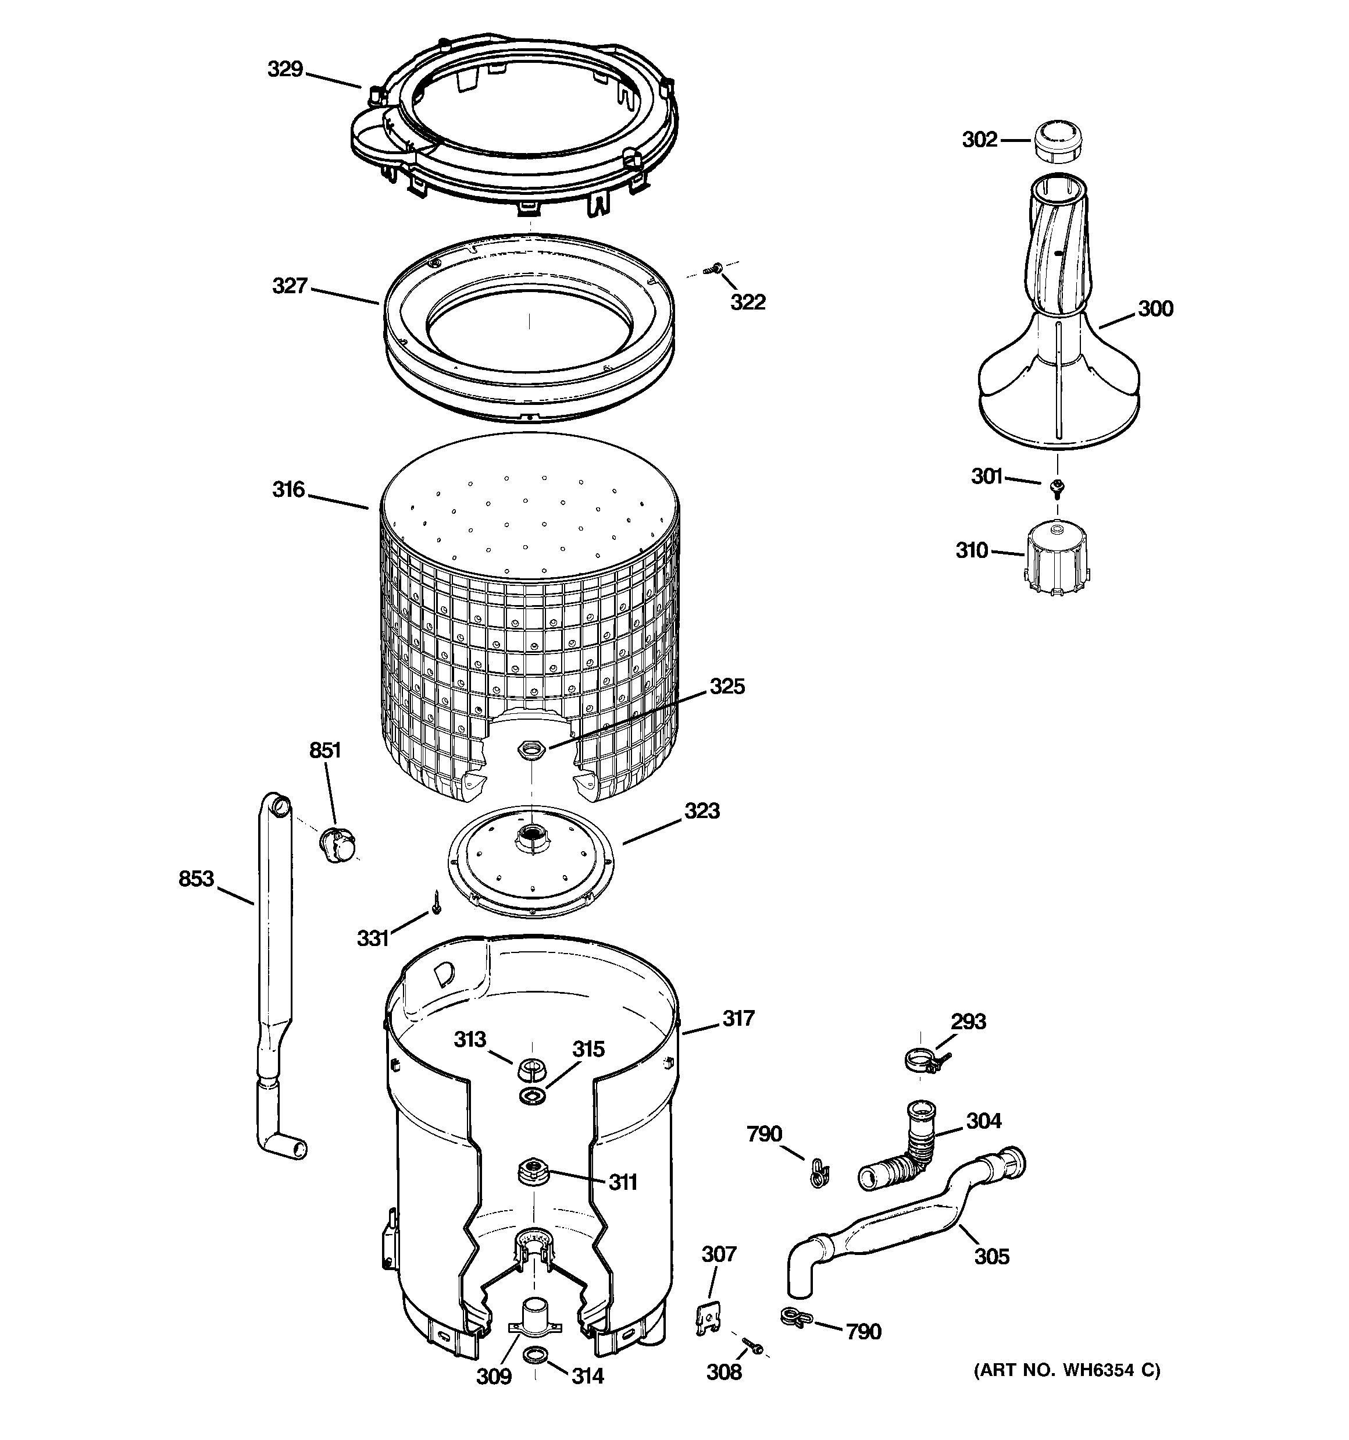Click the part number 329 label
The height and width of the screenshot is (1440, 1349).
[x=284, y=70]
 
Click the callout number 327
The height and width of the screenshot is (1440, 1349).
[x=290, y=286]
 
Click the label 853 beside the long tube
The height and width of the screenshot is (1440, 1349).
[x=196, y=879]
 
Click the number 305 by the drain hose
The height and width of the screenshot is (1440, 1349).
[x=991, y=1256]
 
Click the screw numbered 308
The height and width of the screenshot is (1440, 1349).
[x=754, y=1346]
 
